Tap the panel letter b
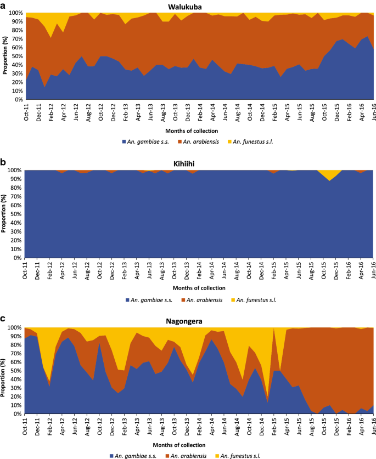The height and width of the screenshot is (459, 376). click(x=3, y=162)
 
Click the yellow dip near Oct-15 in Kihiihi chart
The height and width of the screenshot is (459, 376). click(x=329, y=173)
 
